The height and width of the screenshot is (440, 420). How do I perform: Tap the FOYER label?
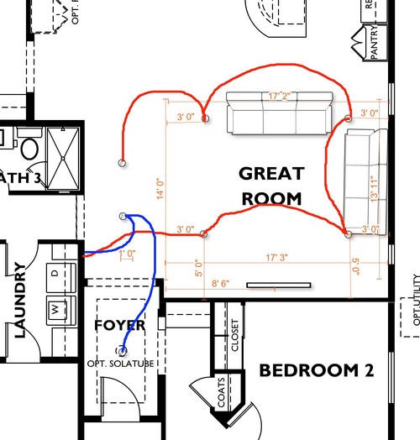(x=119, y=325)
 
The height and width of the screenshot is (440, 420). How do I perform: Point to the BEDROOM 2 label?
(x=315, y=370)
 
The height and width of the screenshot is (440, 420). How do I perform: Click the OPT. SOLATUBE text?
(x=122, y=364)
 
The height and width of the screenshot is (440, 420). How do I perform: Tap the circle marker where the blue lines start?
(x=123, y=217)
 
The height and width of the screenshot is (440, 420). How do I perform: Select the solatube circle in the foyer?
(x=123, y=350)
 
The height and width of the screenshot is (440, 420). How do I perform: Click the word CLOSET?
(x=234, y=335)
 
